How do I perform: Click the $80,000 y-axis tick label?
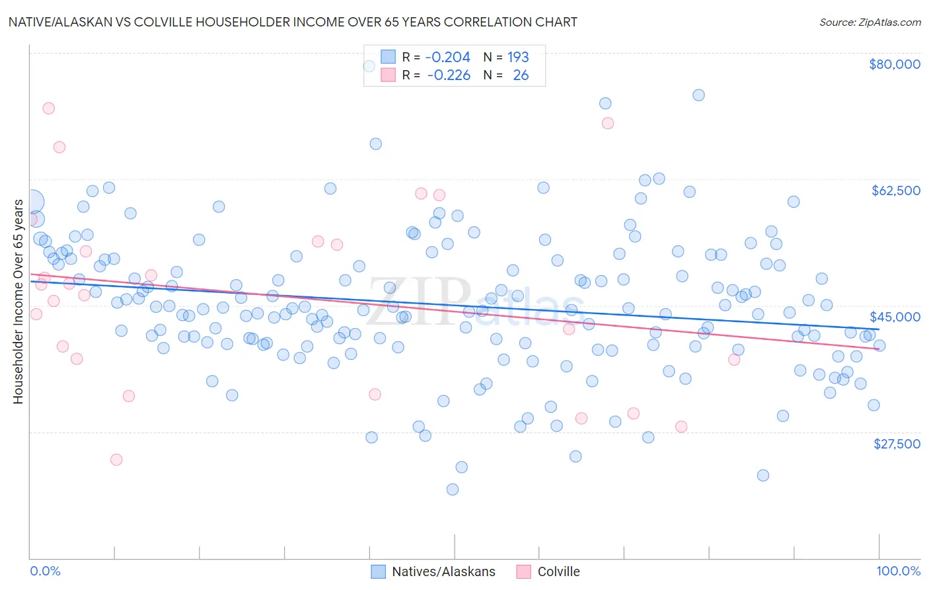[x=894, y=64]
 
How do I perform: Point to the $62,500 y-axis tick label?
[x=895, y=190]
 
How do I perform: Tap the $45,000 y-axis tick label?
[x=895, y=317]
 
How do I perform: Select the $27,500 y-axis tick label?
[x=897, y=444]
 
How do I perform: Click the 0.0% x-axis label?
[x=45, y=571]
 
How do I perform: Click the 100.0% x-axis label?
[x=898, y=571]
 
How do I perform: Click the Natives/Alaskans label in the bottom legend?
[x=443, y=572]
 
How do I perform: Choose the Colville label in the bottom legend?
[x=558, y=572]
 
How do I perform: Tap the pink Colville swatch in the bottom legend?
[x=524, y=572]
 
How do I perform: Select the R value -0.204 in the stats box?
[x=448, y=57]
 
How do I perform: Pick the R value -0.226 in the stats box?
[x=449, y=75]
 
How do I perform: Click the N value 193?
[x=518, y=57]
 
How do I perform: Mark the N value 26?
[x=521, y=75]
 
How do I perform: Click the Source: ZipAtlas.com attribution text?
[x=870, y=22]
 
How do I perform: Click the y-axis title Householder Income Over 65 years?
[x=18, y=301]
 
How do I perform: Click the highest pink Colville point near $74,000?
[x=48, y=108]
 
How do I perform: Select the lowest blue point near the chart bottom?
[x=453, y=489]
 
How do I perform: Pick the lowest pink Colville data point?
[x=116, y=460]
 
